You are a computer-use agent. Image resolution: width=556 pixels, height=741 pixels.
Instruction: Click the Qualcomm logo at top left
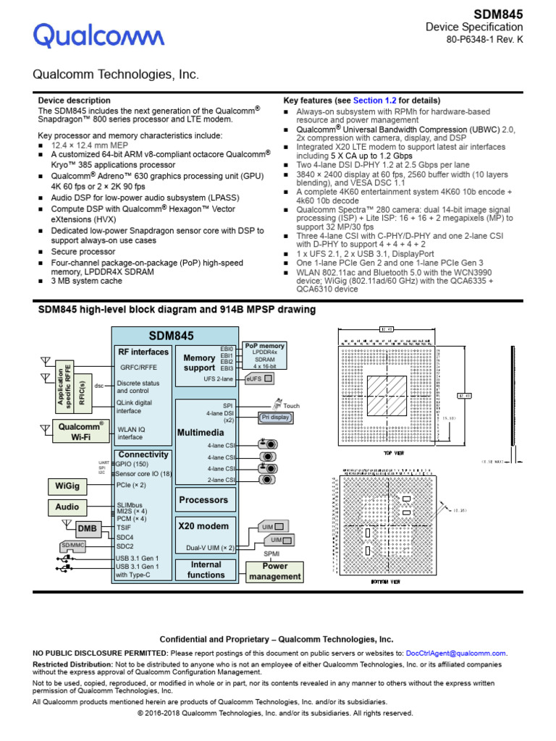click(x=98, y=35)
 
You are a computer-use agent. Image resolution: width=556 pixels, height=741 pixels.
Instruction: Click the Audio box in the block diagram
click(x=67, y=507)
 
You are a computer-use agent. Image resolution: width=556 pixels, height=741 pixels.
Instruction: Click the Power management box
click(x=274, y=571)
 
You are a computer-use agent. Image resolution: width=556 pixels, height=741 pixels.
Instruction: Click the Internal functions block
click(x=206, y=569)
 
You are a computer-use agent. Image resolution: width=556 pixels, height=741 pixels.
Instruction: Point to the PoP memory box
click(x=264, y=355)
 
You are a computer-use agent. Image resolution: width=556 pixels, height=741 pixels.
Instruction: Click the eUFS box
click(x=259, y=378)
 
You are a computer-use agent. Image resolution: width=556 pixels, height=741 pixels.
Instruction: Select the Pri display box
click(x=275, y=417)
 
